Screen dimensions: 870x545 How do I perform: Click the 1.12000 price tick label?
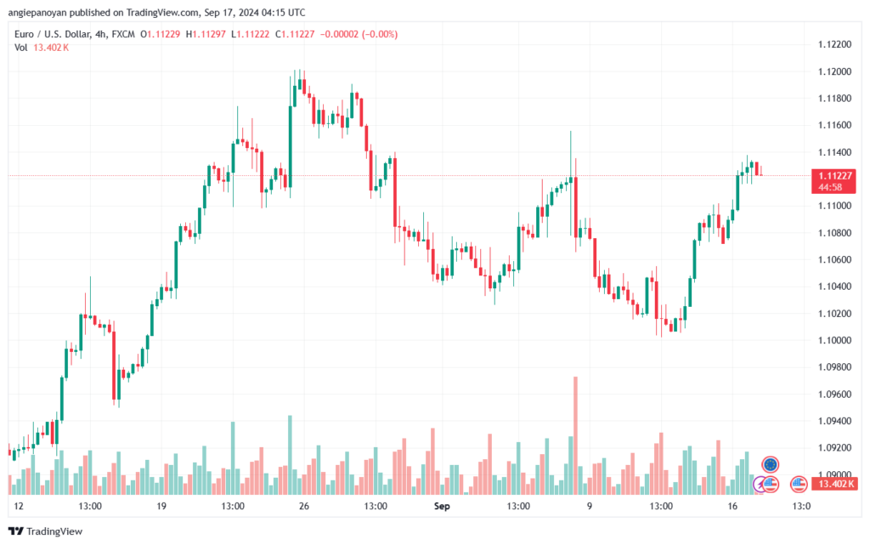(834, 71)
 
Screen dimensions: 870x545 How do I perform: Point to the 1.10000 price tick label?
(834, 340)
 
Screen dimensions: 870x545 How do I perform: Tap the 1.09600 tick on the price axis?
(834, 394)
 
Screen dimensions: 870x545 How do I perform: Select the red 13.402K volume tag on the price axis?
(833, 484)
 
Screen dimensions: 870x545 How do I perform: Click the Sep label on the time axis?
(442, 506)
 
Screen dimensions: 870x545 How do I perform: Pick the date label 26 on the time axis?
(303, 506)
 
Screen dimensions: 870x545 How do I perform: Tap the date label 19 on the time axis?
(161, 506)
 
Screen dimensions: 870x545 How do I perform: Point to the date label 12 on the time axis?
(19, 506)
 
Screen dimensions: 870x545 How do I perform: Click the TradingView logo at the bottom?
(46, 531)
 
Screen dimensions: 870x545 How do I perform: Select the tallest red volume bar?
(575, 435)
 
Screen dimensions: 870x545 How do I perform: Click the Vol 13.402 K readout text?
(42, 48)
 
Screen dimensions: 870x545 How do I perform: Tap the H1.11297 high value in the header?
(206, 34)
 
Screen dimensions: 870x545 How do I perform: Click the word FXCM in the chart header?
(123, 34)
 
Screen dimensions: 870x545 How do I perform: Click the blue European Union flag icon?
(770, 464)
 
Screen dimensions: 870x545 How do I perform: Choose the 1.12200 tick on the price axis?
(834, 44)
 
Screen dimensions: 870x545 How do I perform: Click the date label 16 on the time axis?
(732, 506)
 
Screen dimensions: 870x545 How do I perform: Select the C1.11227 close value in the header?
(295, 34)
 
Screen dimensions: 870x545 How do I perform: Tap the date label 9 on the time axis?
(590, 506)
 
